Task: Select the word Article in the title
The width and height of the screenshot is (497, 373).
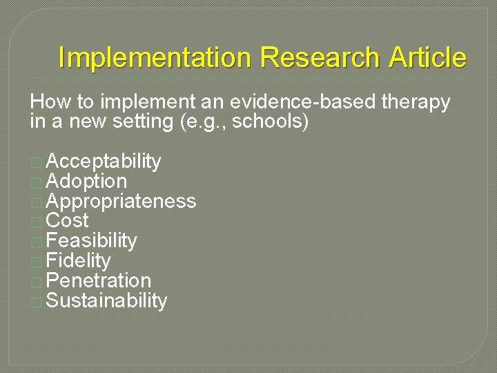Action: pyautogui.click(x=427, y=58)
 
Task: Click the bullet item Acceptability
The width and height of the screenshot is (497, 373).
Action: pyautogui.click(x=104, y=162)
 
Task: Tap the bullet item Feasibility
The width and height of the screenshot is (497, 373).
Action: pyautogui.click(x=91, y=241)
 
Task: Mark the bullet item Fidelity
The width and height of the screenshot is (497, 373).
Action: pyautogui.click(x=78, y=261)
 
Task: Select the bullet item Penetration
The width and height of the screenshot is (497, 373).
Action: pyautogui.click(x=98, y=281)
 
